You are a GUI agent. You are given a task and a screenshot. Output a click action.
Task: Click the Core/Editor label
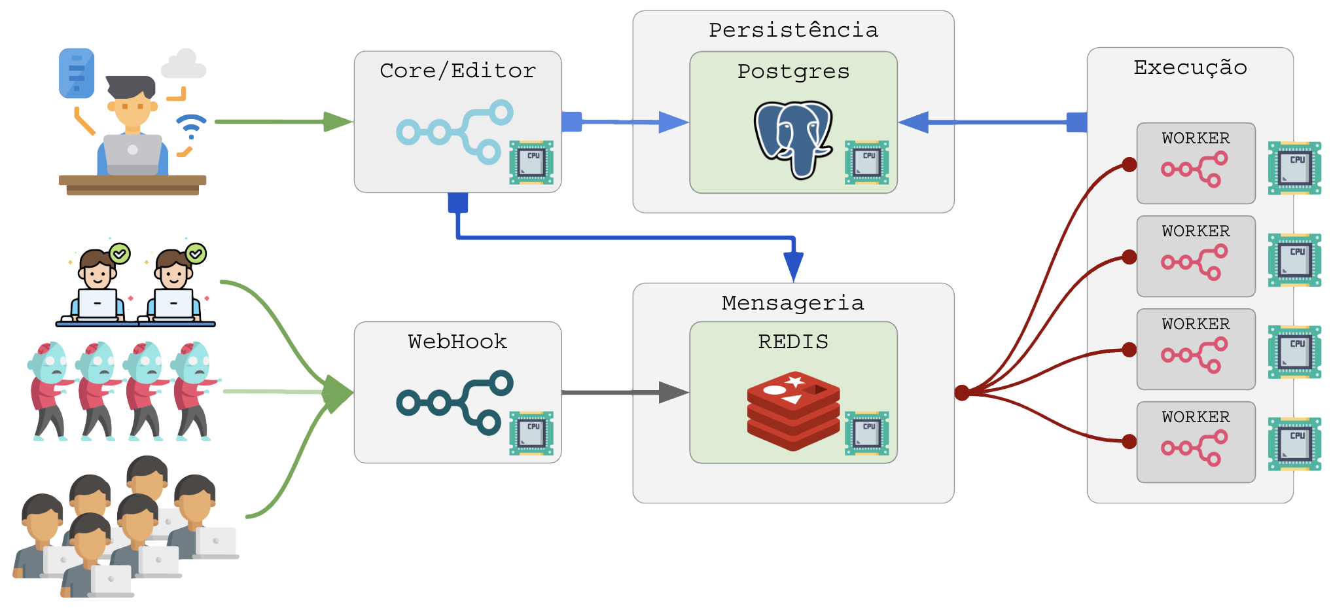point(457,71)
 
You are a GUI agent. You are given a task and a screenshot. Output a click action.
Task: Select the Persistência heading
point(793,30)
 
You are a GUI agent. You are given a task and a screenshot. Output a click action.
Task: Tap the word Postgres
point(793,71)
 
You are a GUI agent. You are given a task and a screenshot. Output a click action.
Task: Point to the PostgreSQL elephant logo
point(792,139)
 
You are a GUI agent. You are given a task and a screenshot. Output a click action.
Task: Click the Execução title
point(1190,67)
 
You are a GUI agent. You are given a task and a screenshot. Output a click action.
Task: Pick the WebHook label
point(457,342)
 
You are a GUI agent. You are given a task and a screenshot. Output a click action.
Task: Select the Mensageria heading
point(793,303)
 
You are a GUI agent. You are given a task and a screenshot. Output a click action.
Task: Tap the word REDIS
point(793,342)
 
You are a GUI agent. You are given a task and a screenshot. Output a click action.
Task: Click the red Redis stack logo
point(793,410)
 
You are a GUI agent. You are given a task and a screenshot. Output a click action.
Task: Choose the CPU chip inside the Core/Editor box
point(531,162)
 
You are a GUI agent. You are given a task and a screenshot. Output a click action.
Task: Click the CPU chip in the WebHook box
point(531,433)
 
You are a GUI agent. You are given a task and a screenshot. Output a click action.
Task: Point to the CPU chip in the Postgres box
point(866,162)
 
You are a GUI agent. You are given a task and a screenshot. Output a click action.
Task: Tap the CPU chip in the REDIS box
point(866,433)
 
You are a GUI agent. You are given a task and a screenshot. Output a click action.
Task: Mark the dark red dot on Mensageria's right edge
point(962,393)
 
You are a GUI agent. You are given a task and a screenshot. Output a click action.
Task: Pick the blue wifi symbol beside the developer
point(191,126)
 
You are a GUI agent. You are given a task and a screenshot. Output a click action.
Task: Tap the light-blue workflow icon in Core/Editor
point(455,132)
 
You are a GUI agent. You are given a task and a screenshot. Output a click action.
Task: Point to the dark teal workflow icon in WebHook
point(455,403)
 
